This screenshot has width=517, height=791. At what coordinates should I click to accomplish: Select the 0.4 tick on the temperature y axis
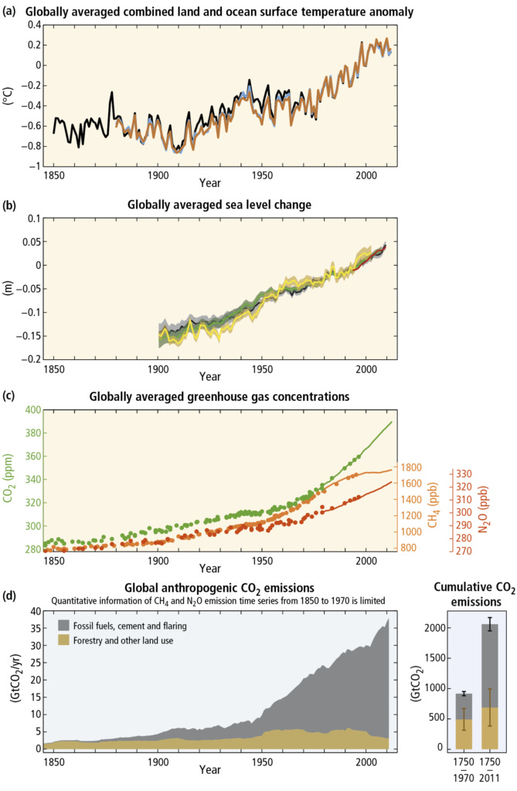click(x=31, y=25)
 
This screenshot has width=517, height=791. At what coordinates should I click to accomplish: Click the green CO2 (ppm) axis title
click(x=9, y=480)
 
